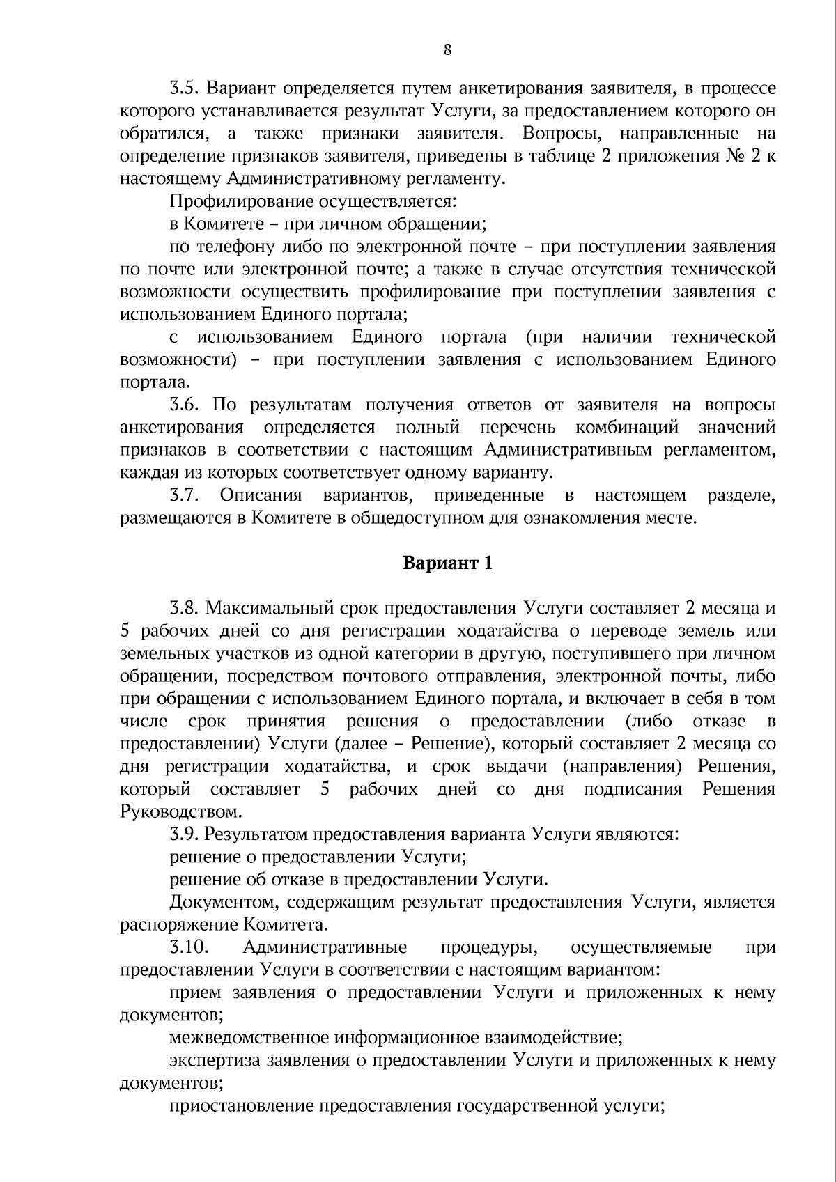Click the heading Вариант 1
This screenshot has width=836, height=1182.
(448, 563)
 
